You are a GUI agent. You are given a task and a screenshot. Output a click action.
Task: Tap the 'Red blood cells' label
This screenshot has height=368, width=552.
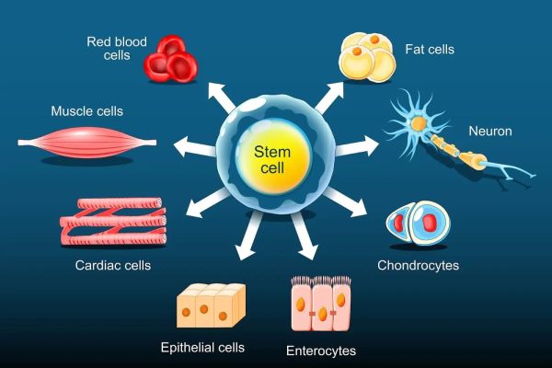click(x=118, y=47)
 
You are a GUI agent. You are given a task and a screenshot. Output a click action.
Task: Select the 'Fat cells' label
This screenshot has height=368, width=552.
click(x=429, y=49)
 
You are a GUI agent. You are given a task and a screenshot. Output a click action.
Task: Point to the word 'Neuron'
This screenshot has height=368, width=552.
click(x=489, y=132)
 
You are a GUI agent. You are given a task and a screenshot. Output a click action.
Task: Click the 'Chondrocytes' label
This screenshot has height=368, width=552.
click(x=418, y=267)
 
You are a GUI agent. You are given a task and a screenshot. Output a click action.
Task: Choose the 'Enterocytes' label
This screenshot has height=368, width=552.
click(x=321, y=351)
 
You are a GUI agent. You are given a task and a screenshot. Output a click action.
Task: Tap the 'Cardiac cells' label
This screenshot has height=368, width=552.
click(x=113, y=267)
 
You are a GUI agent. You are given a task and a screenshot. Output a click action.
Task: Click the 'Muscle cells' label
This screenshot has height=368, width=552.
click(x=87, y=111)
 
